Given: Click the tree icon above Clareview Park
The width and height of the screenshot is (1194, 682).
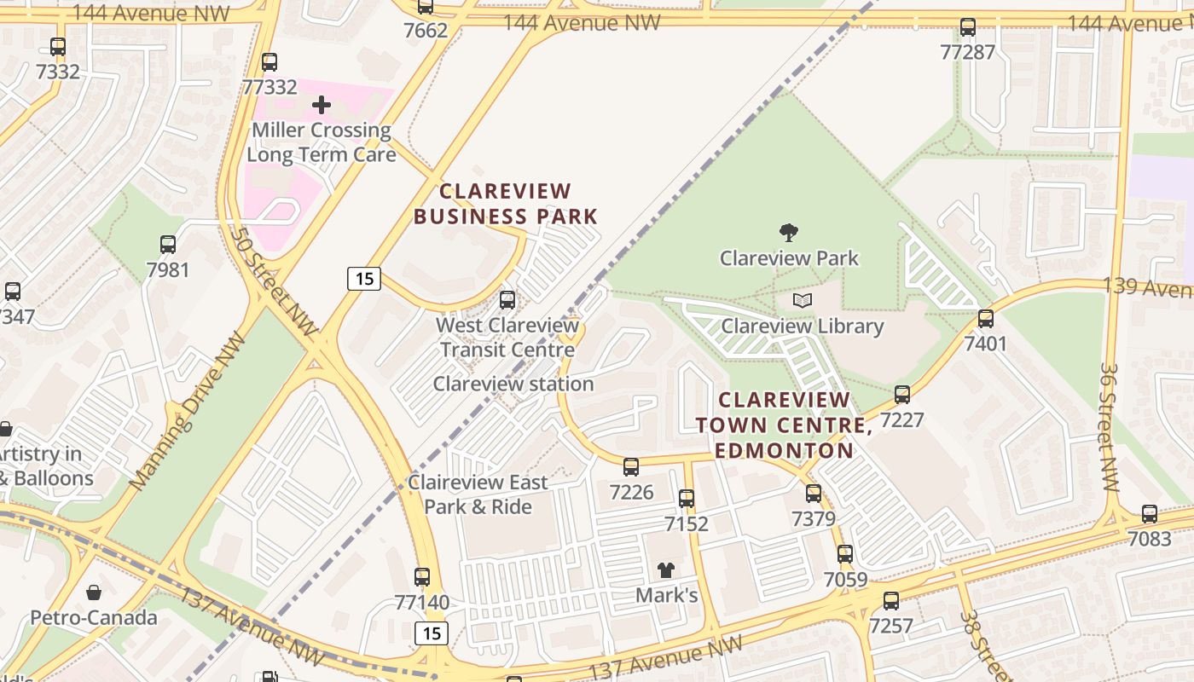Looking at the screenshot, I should pos(789,232).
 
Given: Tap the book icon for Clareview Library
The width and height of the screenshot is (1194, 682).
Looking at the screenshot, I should pos(802,300).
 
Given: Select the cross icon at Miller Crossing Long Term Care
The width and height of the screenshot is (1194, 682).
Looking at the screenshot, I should pos(322,105).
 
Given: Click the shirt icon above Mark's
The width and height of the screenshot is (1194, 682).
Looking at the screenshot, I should pos(665,569).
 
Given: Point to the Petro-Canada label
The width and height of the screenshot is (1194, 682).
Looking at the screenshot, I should pos(94,617).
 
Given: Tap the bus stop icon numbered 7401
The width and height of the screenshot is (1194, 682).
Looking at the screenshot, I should pos(986,319).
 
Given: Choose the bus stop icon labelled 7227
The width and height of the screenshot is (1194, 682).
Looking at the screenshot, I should pos(902,395).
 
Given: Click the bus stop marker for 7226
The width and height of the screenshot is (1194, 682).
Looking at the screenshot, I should pos(631,467).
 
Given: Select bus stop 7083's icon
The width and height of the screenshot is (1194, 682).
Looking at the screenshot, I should pos(1150,514).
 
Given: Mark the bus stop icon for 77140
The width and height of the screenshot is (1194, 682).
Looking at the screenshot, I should pos(421,577).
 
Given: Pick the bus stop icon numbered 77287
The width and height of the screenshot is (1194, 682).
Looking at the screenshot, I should pos(968,27).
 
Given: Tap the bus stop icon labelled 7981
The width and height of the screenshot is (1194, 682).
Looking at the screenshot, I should pos(168,245).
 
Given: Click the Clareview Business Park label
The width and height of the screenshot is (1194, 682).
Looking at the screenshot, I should pos(506,204).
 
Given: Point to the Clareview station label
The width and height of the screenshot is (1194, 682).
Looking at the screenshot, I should pos(513,384).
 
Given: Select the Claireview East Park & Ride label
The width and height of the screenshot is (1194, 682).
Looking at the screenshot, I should pos(478,494).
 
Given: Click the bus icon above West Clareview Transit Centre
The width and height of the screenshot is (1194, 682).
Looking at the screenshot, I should pos(507,300).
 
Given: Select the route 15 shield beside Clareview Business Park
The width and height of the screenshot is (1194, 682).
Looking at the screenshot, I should pos(363,279).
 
